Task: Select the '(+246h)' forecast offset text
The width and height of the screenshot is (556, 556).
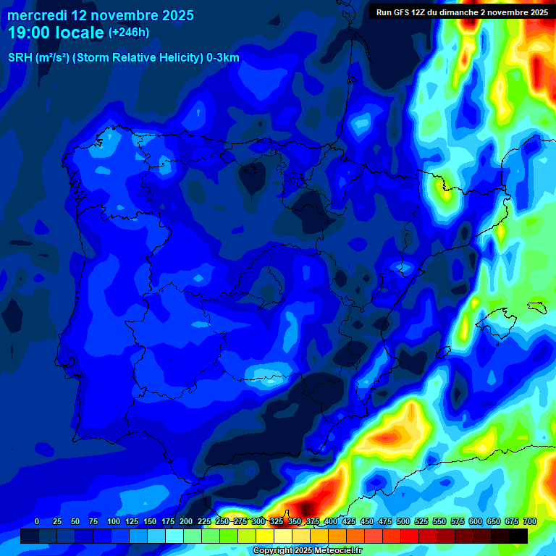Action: point(128,32)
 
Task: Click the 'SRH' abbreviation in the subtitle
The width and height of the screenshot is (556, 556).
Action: point(20,58)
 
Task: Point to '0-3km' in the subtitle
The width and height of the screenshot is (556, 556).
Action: point(222,58)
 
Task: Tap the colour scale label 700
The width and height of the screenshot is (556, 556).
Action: point(529,521)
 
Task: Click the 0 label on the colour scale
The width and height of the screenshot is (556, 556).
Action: point(37,521)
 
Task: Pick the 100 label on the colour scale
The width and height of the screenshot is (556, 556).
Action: point(114,521)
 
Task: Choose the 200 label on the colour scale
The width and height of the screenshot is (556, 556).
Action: point(186,521)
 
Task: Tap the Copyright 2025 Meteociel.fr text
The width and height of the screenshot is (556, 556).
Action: point(308,550)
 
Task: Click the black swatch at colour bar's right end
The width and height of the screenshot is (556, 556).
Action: point(518,536)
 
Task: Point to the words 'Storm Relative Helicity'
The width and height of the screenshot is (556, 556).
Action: point(138,58)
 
